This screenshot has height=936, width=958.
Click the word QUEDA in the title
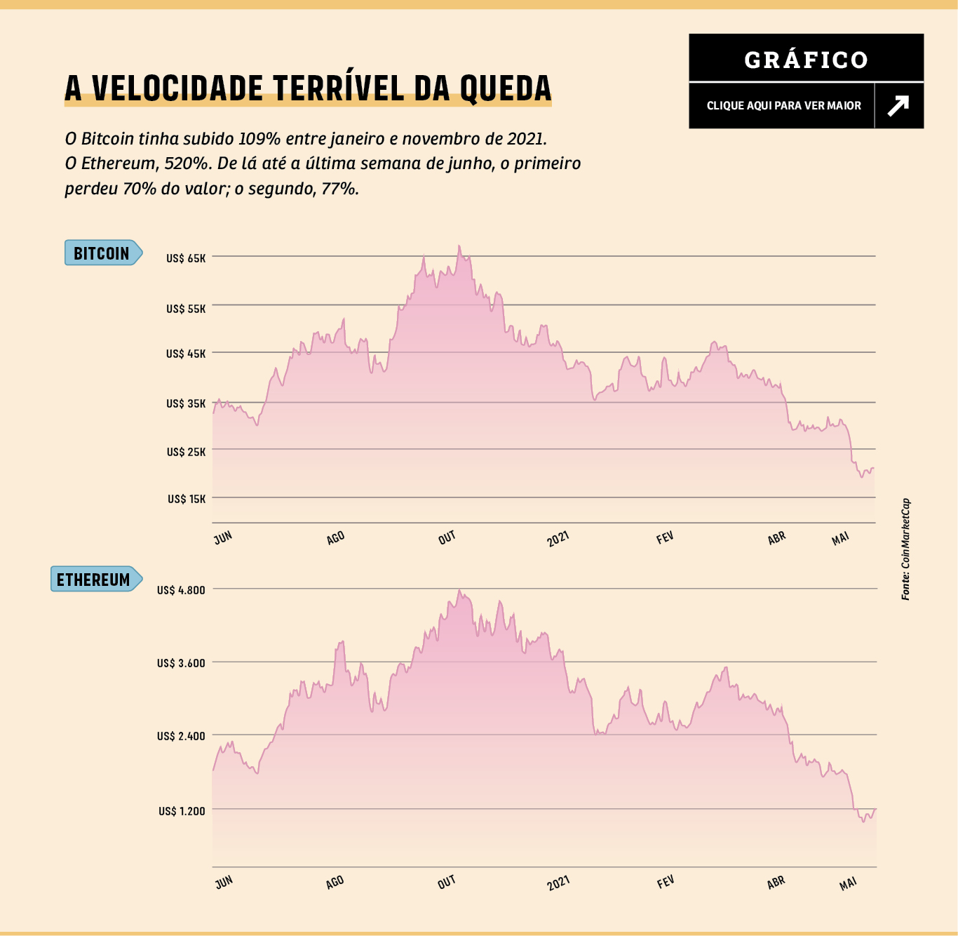tap(506, 88)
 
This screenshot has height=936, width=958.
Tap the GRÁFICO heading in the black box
tap(806, 60)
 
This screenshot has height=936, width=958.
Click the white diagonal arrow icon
tap(898, 105)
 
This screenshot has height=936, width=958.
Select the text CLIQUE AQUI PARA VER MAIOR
tap(783, 105)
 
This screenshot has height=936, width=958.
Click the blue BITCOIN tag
tap(102, 253)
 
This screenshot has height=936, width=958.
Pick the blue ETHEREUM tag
tap(94, 580)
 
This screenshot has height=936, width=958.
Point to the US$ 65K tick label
tap(186, 258)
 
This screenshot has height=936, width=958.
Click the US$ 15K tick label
tap(187, 499)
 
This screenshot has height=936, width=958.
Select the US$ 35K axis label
tap(186, 403)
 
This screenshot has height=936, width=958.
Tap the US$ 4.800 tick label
tap(181, 590)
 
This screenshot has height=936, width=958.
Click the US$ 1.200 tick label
tap(182, 811)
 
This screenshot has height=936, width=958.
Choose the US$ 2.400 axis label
tap(181, 736)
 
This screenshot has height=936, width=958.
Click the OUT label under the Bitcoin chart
tap(447, 538)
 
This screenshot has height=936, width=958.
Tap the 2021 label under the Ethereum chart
tap(558, 882)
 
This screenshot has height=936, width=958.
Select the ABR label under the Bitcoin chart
tap(776, 538)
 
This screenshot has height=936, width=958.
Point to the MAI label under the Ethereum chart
tap(848, 883)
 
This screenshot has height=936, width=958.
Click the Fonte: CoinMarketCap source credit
tap(905, 549)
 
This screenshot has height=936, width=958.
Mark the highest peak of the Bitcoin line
tap(459, 246)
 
